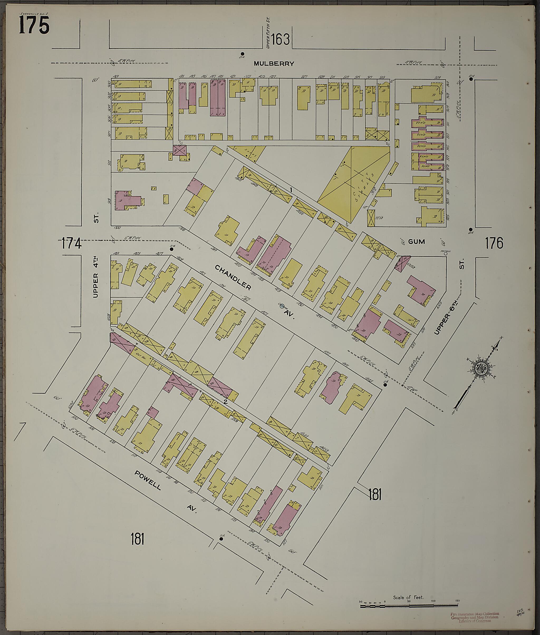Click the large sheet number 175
coord(34,25)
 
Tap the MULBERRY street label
coord(274,64)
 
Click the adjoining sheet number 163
coord(280,39)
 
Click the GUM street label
coord(417,242)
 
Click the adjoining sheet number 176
coord(494,244)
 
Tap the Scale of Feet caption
coord(408,597)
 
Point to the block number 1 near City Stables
coord(291,190)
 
